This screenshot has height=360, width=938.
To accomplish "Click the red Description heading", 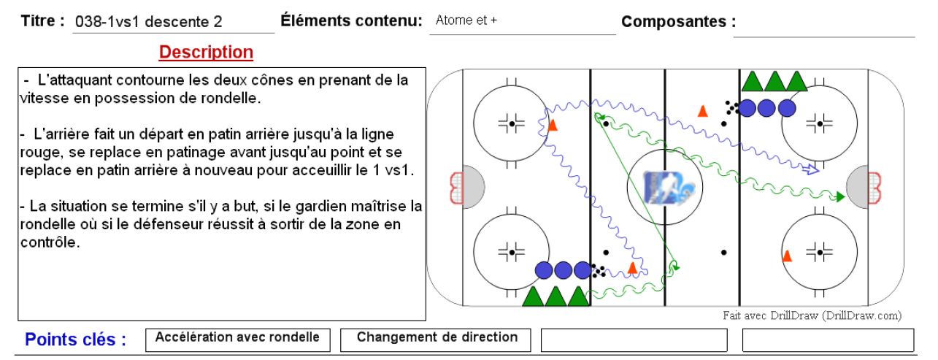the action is (x=206, y=53).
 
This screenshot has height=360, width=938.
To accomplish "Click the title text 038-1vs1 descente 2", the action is (x=149, y=22).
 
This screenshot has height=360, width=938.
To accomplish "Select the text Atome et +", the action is (x=466, y=20).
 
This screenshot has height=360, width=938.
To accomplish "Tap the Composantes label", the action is (x=678, y=22).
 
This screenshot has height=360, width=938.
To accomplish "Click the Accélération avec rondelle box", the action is (x=238, y=340).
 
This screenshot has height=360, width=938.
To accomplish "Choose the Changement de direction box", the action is (x=436, y=340).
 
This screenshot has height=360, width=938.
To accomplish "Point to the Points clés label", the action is (x=75, y=340).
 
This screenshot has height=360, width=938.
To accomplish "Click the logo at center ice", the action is (x=667, y=188).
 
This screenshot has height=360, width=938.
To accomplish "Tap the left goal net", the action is (x=456, y=188).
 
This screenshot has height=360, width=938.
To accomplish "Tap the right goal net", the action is (x=874, y=188).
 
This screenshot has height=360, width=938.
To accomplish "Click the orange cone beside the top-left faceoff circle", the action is (x=553, y=125).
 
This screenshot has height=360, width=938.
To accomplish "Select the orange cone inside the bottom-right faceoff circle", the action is (x=787, y=256).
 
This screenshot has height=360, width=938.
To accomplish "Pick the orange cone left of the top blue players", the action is (x=703, y=111).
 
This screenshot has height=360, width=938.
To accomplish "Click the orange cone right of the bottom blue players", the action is (x=632, y=267).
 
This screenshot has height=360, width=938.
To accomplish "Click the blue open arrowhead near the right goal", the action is (x=812, y=169).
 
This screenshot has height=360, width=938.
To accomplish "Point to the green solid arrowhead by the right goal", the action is (x=840, y=196).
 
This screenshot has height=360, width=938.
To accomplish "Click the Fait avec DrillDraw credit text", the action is (x=812, y=315).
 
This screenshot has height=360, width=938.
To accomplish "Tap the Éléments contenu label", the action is (x=351, y=20).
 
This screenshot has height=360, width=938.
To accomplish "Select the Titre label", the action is (x=43, y=20).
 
